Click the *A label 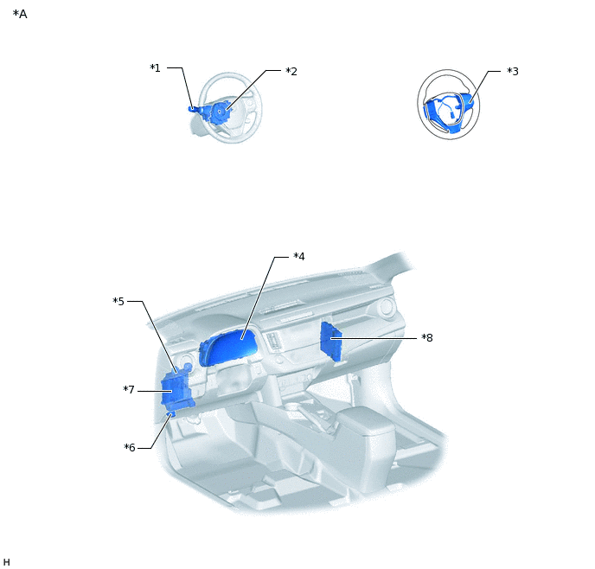(20, 14)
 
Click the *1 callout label (155, 68)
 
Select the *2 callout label (291, 71)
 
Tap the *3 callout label (513, 71)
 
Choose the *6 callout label (130, 448)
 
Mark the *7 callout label (129, 390)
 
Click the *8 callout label (427, 337)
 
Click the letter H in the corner (6, 562)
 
